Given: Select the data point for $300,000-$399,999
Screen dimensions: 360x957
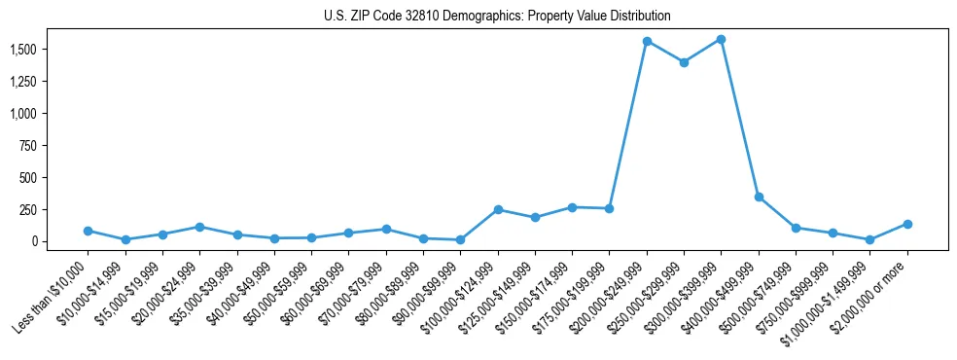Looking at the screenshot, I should [721, 40].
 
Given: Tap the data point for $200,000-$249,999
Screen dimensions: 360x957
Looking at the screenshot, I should [647, 42].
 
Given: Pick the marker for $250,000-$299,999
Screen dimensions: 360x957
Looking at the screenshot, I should [684, 62].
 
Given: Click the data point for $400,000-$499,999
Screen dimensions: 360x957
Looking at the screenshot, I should [759, 197].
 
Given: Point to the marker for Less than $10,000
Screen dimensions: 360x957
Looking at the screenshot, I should [88, 231].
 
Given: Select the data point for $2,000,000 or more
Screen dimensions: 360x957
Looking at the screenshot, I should [907, 224].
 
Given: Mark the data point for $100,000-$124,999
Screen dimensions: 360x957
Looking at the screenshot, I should [498, 209].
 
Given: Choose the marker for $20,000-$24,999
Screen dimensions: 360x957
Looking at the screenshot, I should [199, 227].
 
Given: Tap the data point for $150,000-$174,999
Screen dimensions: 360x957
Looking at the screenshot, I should [572, 207].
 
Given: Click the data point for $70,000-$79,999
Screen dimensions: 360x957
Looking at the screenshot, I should [386, 229].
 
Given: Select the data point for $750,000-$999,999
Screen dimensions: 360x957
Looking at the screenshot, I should [833, 234].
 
